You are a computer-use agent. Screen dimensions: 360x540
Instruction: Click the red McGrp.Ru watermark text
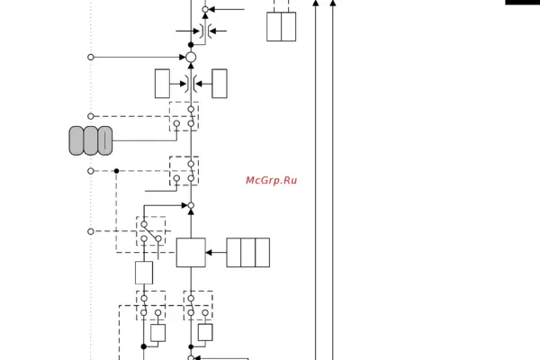coord(271,181)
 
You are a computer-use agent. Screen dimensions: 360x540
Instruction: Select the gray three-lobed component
coord(91,140)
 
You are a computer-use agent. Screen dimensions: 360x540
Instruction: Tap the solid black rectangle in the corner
coord(522,3)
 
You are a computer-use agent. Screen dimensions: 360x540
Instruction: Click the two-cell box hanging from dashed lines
coord(281,26)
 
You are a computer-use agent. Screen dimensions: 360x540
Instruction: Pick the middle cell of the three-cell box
coord(248,253)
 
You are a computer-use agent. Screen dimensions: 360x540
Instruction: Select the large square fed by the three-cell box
coord(191,253)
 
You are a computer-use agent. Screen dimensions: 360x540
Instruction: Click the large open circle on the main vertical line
coord(191,57)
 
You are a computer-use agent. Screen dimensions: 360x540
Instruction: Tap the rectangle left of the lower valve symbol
coord(162,84)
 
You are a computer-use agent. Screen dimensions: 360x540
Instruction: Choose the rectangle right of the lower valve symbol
coord(220,84)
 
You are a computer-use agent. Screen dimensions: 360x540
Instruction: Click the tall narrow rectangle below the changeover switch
coord(144,273)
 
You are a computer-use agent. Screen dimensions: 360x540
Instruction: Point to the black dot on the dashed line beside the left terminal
coord(116,170)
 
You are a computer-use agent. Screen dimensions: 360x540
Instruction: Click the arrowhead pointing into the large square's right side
coord(209,253)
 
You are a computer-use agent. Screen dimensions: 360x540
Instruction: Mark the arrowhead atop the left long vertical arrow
coord(315,4)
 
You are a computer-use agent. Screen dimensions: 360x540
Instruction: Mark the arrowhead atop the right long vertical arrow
coord(333,4)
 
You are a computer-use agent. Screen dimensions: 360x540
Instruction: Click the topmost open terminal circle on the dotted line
coord(91,57)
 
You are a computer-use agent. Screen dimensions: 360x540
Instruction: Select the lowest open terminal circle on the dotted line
coord(91,231)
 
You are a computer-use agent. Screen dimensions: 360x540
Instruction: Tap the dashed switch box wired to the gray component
coord(184,117)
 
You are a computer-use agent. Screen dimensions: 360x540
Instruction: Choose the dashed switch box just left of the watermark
coord(184,171)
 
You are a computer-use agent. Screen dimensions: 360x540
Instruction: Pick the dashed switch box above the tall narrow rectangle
coord(151,230)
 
